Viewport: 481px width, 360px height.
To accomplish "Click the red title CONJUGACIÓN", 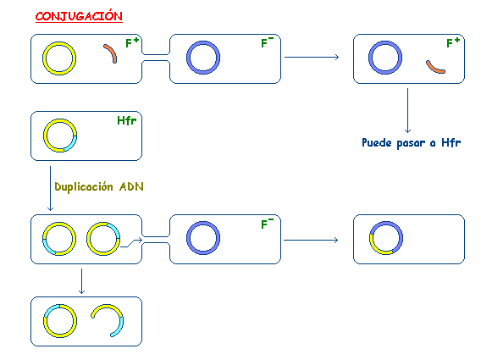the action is (79, 16).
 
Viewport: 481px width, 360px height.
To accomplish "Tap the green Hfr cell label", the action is (127, 120).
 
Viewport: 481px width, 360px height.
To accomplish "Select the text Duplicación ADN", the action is (99, 186).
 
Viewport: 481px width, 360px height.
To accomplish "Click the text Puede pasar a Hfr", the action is (411, 142).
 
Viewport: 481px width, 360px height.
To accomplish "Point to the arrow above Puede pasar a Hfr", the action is (407, 110).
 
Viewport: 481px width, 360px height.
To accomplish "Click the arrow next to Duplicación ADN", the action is (50, 188).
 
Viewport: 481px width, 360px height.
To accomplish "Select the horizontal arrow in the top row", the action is (312, 57).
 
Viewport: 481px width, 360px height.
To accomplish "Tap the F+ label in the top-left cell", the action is (132, 42).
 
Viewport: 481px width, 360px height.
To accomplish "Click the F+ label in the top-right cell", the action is (453, 42).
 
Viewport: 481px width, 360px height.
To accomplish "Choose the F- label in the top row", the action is (268, 42).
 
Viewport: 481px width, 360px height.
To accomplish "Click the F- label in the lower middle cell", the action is (268, 224).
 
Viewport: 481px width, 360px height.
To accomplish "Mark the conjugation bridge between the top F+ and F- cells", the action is (156, 58).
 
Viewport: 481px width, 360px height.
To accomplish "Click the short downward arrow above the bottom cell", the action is (81, 281).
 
